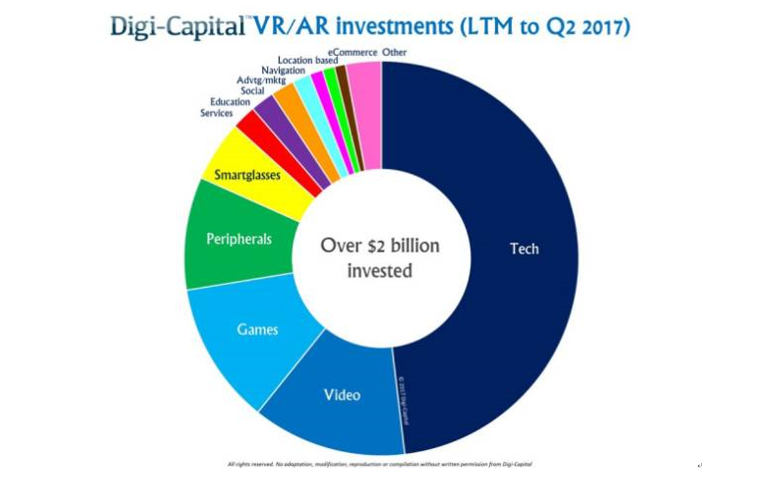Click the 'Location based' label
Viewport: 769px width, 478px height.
[x=307, y=61]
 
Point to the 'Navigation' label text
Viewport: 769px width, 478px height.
[x=282, y=71]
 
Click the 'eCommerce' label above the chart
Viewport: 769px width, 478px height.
[x=352, y=53]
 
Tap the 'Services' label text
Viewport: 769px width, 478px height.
[x=216, y=113]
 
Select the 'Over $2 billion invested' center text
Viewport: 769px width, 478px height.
[x=380, y=258]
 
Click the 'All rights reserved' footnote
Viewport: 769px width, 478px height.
[x=379, y=464]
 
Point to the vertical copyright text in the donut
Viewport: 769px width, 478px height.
[x=402, y=400]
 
